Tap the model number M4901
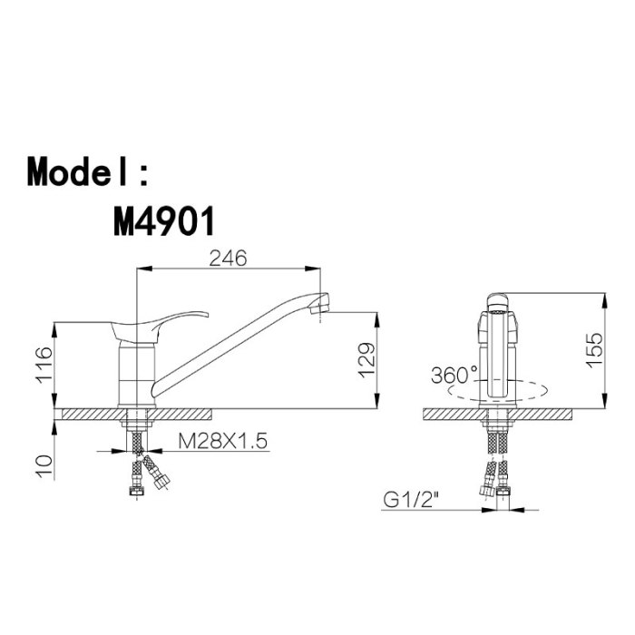[163, 221]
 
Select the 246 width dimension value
[228, 258]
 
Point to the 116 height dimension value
[44, 365]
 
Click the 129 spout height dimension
[366, 359]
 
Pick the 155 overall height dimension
[594, 350]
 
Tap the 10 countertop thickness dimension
[44, 467]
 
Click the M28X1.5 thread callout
[223, 441]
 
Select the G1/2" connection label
[411, 500]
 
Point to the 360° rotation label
[454, 375]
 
